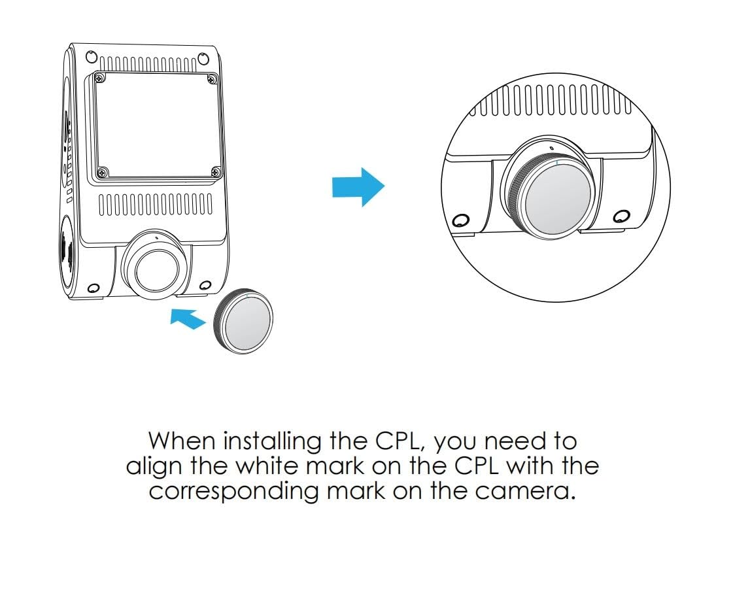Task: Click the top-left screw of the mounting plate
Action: [99, 78]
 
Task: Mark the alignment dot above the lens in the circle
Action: [553, 148]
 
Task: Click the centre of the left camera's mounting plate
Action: [157, 126]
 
